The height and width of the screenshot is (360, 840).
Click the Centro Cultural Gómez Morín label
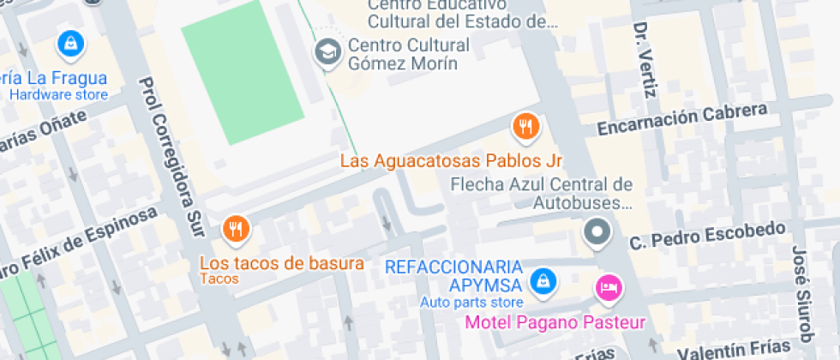[409, 54]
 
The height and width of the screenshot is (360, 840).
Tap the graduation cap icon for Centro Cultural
[327, 52]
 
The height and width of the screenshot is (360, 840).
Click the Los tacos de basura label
[282, 263]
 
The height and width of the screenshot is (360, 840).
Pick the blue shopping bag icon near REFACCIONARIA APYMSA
[541, 279]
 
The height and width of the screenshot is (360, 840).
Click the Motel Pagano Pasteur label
[555, 323]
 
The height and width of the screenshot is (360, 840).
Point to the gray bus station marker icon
[597, 231]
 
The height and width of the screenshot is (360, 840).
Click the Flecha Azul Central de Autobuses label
[541, 194]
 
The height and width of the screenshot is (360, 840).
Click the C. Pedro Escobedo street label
[707, 236]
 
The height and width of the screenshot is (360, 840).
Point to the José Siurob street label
[801, 291]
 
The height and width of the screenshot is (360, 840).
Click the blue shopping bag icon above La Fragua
[69, 42]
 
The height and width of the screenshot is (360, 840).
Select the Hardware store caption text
[58, 94]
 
